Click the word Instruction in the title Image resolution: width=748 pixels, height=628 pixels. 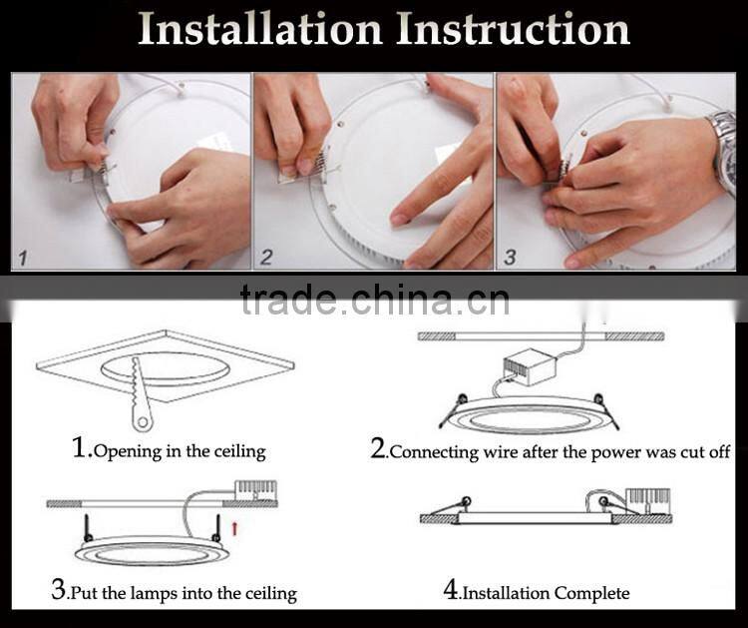(514, 30)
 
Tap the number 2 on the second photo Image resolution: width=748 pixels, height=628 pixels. (266, 258)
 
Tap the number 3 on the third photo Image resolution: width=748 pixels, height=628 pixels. (510, 258)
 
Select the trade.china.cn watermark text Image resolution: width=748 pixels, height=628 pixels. (374, 300)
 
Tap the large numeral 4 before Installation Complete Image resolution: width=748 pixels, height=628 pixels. (451, 590)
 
